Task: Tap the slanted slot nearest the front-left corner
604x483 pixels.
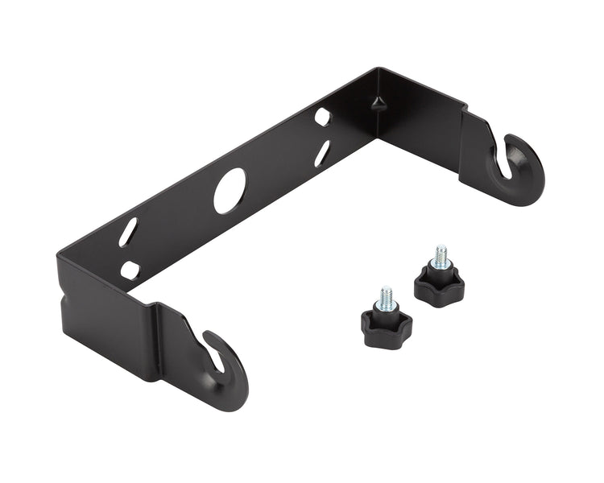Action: tap(128, 232)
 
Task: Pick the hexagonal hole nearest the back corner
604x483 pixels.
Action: tap(322, 117)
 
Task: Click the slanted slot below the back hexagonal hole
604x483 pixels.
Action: tap(321, 153)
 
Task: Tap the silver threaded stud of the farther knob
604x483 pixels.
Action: tap(441, 257)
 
